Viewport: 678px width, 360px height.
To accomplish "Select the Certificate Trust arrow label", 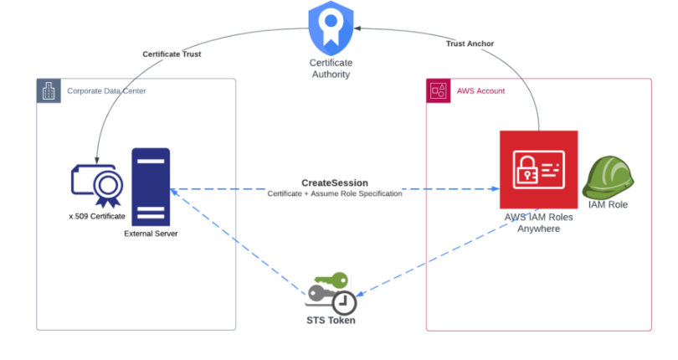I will coord(172,54).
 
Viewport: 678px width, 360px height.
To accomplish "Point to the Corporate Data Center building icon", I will coord(49,91).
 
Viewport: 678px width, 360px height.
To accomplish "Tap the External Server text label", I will coord(151,234).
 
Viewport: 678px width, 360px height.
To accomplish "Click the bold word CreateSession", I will coord(334,183).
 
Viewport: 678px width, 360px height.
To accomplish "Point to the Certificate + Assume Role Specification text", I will coord(335,194).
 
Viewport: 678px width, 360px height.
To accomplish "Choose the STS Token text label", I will coord(331,320).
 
